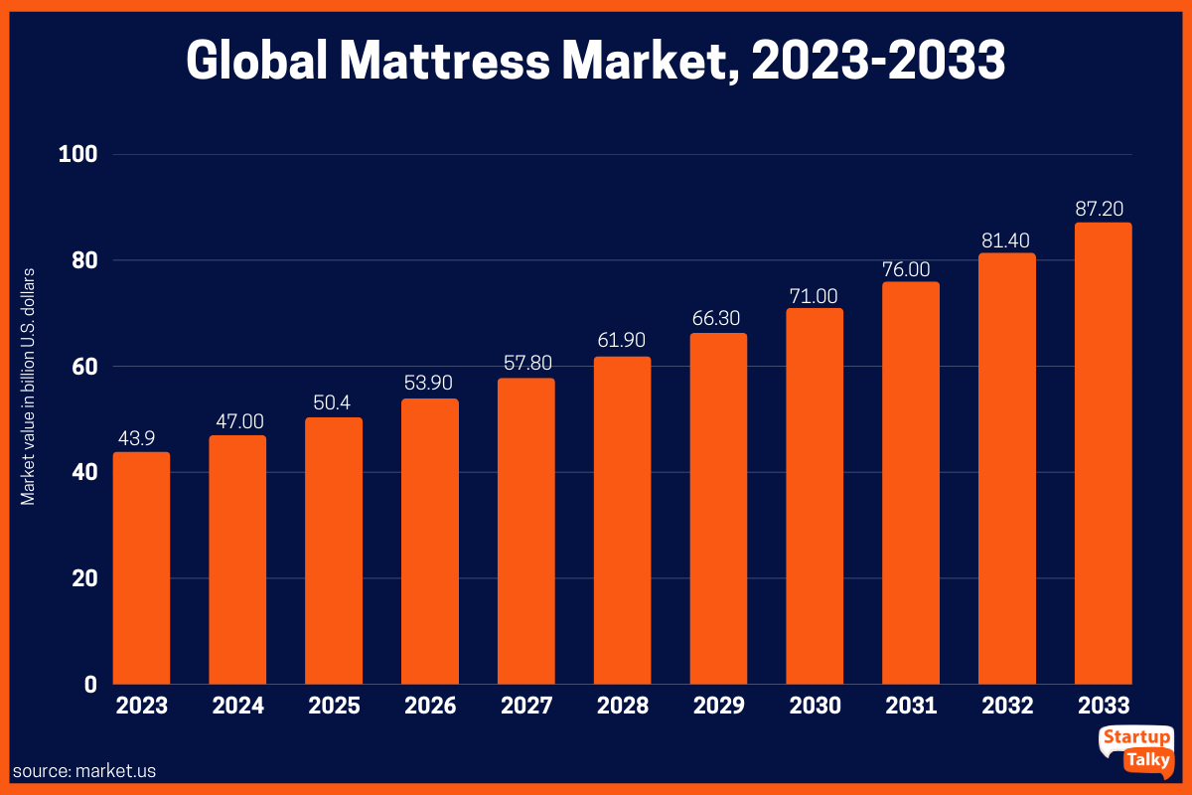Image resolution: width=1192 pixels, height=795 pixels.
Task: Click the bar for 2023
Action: tap(141, 567)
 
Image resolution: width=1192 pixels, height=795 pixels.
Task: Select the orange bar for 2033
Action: tap(1104, 453)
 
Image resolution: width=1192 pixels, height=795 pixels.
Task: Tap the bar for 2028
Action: tap(623, 520)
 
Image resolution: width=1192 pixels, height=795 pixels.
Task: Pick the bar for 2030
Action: tap(815, 496)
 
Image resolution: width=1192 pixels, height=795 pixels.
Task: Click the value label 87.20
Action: tap(1104, 209)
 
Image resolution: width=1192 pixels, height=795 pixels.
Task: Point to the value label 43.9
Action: tap(141, 438)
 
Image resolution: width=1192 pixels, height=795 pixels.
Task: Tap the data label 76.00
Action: tap(911, 268)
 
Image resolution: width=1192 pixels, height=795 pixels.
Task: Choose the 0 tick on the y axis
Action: tap(89, 685)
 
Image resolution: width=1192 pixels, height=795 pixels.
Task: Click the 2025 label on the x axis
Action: tap(334, 707)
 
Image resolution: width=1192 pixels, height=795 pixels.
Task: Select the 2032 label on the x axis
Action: tap(1007, 707)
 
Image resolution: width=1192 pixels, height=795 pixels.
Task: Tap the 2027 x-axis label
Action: tap(526, 707)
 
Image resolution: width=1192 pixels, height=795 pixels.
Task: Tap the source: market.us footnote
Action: tap(84, 770)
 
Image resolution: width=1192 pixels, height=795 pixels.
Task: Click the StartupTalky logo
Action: tap(1135, 749)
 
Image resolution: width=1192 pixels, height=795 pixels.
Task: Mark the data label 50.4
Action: tap(334, 403)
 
